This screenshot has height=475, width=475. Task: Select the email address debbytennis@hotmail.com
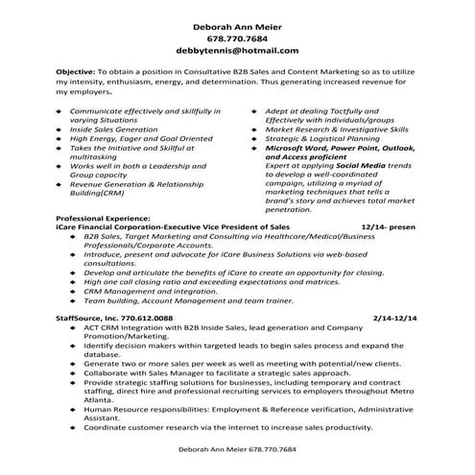(238, 49)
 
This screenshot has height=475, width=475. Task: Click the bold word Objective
(76, 71)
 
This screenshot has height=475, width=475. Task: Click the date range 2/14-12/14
(396, 316)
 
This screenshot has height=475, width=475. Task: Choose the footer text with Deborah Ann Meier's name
(238, 449)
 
